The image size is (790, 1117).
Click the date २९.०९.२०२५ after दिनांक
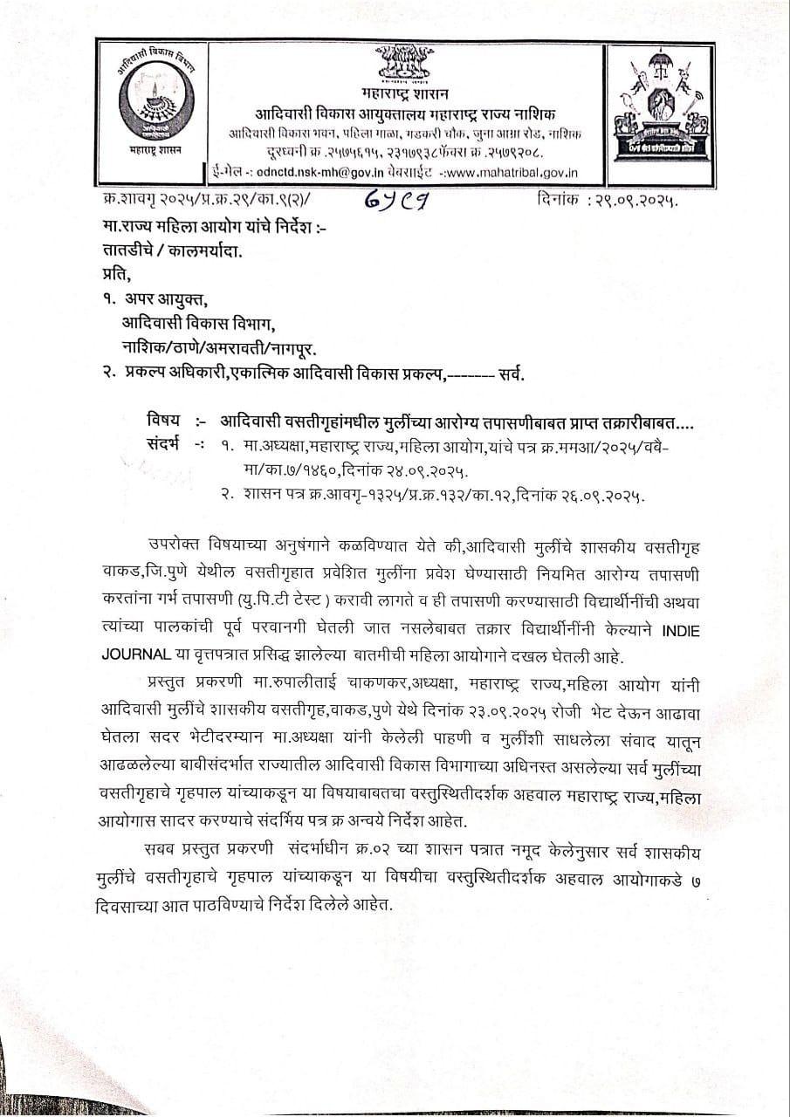point(639,202)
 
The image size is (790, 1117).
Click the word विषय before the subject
point(164,421)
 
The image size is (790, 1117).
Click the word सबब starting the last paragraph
point(163,849)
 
